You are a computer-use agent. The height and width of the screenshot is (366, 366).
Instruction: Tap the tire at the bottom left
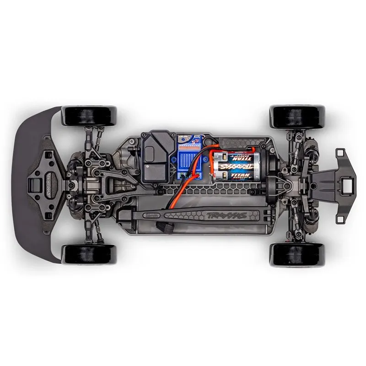89,254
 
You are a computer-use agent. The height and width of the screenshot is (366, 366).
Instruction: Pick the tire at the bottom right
297,254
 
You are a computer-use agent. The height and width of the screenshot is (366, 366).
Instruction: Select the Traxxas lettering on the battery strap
225,215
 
